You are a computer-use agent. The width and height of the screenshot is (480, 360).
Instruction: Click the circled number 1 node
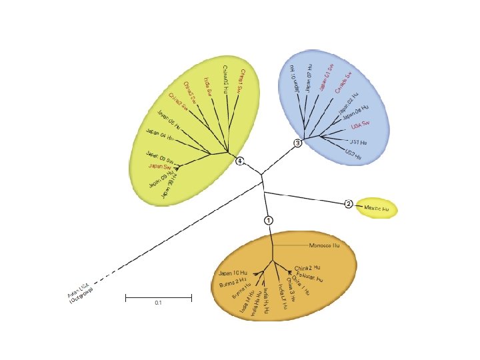coord(268,220)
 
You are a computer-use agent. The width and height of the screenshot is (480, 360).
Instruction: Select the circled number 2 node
coord(349,204)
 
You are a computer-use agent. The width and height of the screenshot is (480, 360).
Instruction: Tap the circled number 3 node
coord(298,143)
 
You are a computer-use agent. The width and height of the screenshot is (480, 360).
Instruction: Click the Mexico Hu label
coord(377,209)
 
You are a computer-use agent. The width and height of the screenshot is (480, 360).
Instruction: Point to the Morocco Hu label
coord(324,245)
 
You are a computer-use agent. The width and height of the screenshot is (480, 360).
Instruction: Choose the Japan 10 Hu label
coord(233,273)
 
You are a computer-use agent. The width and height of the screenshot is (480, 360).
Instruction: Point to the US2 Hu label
coord(353,155)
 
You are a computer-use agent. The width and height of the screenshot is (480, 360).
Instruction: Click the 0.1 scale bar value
coord(158,303)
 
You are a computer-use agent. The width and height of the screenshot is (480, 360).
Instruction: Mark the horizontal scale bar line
coord(158,297)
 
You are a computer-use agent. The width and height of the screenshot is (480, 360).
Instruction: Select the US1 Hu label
coord(357,142)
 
